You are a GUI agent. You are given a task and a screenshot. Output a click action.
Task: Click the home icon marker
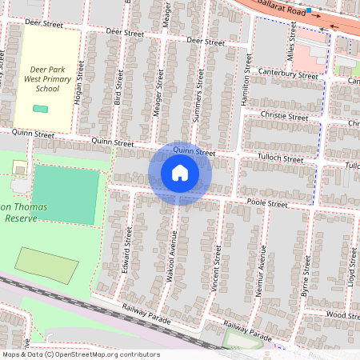pos(180,173)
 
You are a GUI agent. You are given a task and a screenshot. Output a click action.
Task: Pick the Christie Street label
pos(284,117)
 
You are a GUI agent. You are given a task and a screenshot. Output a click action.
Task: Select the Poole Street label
pos(266,204)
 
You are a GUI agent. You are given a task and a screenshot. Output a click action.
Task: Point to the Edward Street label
pos(127,251)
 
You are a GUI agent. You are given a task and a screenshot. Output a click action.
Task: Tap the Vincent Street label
pos(216,267)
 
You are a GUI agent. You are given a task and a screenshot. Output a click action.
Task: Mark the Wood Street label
pos(343,315)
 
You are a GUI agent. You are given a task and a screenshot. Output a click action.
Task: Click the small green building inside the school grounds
pos(40,108)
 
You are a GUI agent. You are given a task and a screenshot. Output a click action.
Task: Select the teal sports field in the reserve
pos(66,195)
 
